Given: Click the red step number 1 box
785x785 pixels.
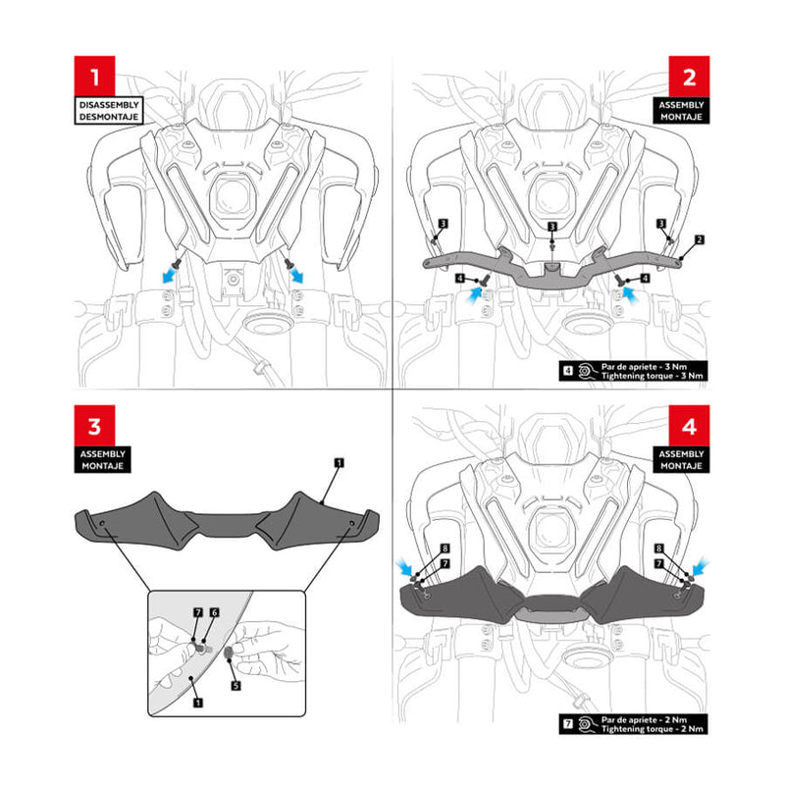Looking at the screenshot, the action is coord(94,77).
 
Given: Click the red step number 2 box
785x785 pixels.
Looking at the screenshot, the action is coord(689,77).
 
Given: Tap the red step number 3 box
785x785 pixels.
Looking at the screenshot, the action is coord(94,426).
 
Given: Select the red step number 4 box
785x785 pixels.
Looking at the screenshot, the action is coord(689,426).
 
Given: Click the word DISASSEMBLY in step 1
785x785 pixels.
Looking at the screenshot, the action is coord(109,105).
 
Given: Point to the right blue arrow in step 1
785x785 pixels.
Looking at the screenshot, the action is coord(297,275).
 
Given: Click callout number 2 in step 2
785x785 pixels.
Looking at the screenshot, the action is coord(700,239).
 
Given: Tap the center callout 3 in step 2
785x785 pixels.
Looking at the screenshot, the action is coord(552,227).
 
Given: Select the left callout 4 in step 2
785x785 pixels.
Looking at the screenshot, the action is coord(460,278).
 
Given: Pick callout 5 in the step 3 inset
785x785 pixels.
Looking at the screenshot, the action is coord(235,685).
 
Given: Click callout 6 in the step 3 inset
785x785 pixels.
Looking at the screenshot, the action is coord(214,612).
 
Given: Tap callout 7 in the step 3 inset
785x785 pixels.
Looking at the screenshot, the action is coord(198,612).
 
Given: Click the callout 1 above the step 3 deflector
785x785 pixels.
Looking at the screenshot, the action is coord(339,462).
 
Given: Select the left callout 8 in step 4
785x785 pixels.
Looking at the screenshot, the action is coord(445,549).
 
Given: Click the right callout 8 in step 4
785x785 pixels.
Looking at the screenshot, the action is coord(659,549).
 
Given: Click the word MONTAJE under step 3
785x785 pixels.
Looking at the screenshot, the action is coord(103,465).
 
